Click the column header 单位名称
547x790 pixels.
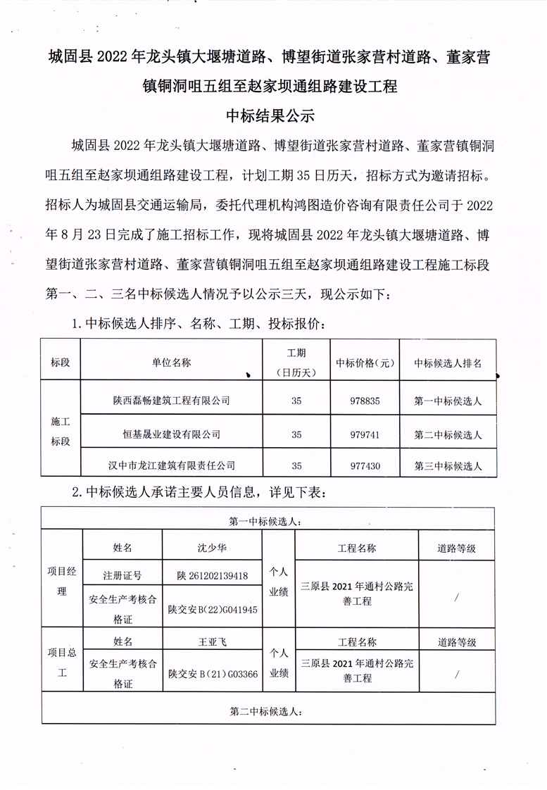click(x=171, y=363)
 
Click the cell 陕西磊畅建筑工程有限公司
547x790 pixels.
click(x=171, y=401)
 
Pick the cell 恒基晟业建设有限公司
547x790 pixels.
click(x=171, y=434)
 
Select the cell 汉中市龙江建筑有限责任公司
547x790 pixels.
click(x=171, y=465)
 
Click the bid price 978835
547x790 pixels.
click(x=365, y=401)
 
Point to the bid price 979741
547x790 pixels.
click(x=365, y=434)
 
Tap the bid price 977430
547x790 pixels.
click(x=365, y=465)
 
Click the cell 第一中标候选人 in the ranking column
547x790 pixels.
click(x=448, y=401)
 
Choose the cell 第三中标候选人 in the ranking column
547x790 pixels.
click(x=448, y=465)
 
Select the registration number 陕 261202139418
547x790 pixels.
click(x=212, y=575)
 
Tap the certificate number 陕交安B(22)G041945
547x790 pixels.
click(x=212, y=609)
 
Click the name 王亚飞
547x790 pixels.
click(x=212, y=641)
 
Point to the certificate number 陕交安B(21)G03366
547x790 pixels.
click(x=212, y=674)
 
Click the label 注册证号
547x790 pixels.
click(x=122, y=575)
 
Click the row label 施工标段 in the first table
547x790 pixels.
click(x=61, y=432)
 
